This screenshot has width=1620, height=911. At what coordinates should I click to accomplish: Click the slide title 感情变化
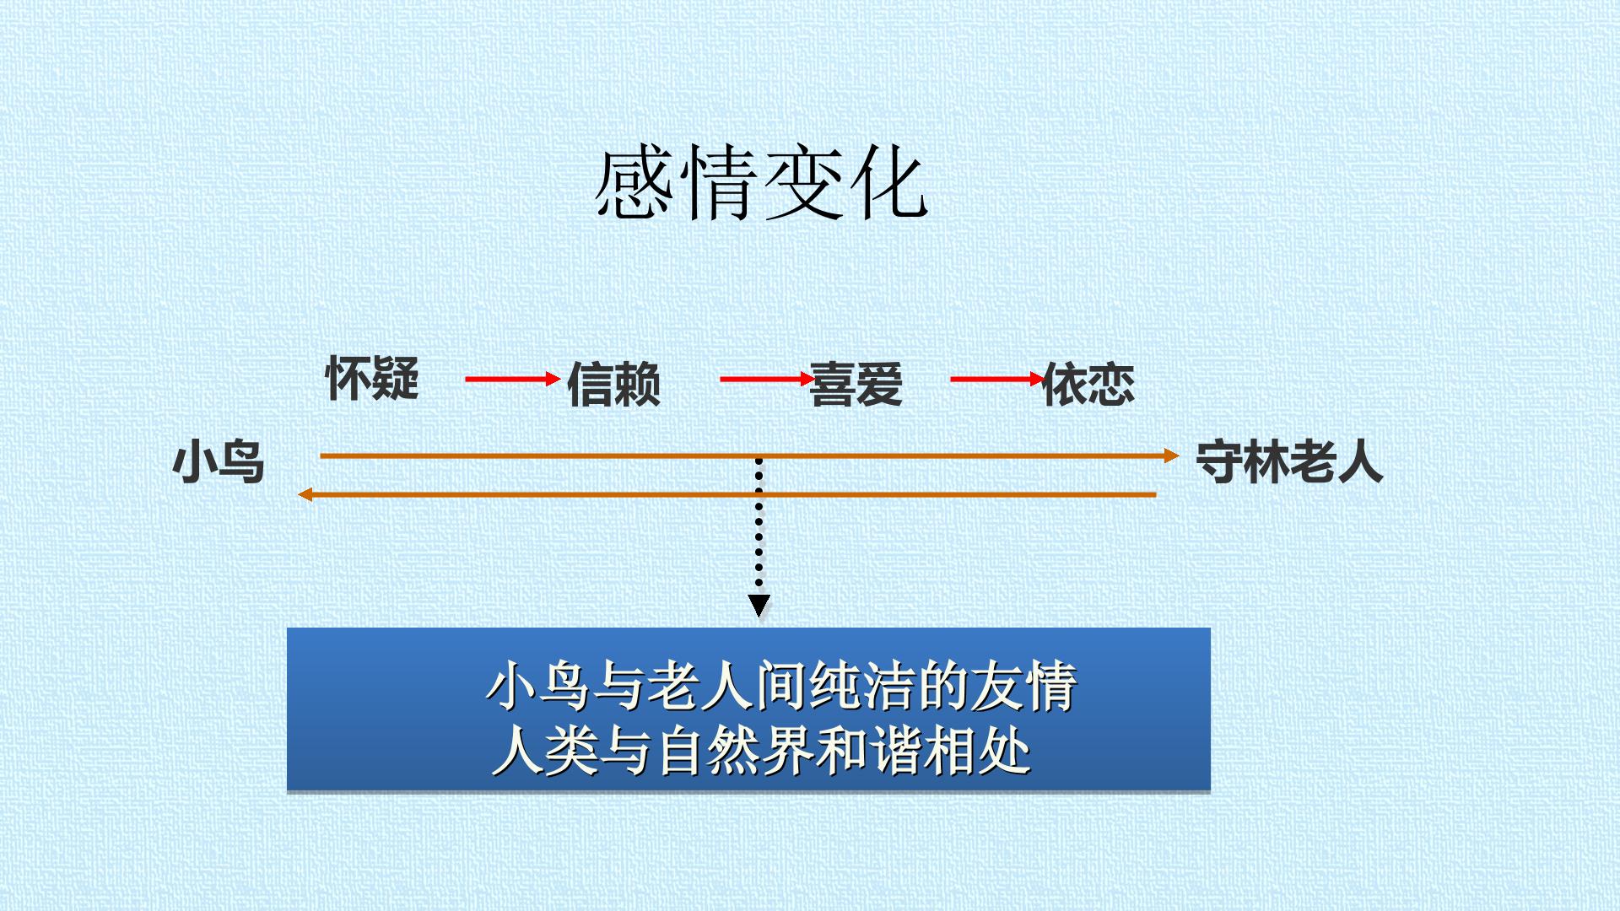(x=761, y=183)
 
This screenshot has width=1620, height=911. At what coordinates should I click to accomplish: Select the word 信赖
(x=613, y=385)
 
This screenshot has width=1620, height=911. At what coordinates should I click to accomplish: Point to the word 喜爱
(x=856, y=385)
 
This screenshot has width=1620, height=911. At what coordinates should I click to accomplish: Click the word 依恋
(x=1088, y=385)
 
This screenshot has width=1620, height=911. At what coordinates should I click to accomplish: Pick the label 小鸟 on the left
(x=219, y=462)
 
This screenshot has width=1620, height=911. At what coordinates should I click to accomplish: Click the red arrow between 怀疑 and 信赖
(x=513, y=379)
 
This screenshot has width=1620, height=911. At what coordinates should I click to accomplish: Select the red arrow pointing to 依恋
(x=998, y=379)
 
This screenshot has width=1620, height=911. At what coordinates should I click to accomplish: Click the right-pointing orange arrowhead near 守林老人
(x=1171, y=455)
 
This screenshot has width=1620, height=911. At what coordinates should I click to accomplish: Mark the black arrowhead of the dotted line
(x=759, y=606)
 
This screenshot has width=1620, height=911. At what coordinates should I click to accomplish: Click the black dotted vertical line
(x=759, y=525)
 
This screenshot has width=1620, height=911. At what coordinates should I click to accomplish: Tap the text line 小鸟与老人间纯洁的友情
(x=781, y=686)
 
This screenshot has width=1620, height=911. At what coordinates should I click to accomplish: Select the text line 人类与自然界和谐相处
(x=761, y=750)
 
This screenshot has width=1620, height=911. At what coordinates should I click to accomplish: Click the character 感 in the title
(x=634, y=183)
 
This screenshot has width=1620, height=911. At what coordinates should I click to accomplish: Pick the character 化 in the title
(x=888, y=183)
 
